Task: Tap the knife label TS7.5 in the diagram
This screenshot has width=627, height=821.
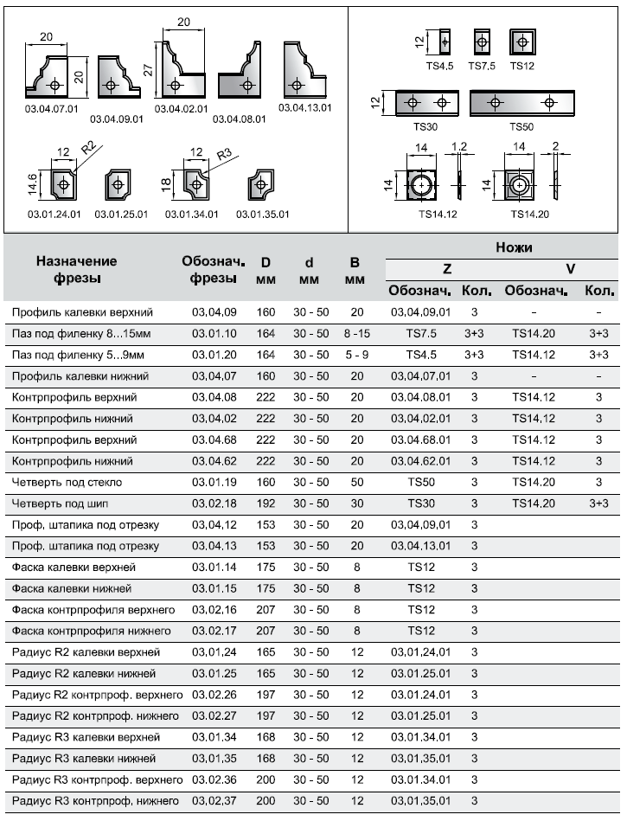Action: tap(482, 65)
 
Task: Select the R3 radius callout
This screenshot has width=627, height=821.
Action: tap(224, 155)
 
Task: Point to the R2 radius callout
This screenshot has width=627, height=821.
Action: tap(87, 148)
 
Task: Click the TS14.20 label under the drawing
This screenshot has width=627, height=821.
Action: tap(529, 214)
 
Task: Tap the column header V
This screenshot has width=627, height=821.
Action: tap(571, 268)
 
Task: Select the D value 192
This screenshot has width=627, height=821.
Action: tap(266, 503)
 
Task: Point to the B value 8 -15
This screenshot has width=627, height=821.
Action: tap(355, 333)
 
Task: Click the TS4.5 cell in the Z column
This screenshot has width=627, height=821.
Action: tap(420, 355)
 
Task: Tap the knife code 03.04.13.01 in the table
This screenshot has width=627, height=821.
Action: tap(420, 546)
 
